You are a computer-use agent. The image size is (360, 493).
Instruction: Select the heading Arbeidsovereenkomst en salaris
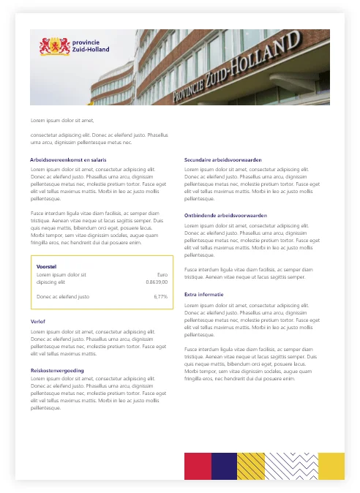[68, 159]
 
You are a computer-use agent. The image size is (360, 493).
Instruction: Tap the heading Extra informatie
[204, 294]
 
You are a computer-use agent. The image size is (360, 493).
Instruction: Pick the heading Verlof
[38, 321]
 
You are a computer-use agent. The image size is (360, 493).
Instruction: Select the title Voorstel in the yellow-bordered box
[47, 266]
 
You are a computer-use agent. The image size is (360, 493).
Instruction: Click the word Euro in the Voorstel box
[162, 274]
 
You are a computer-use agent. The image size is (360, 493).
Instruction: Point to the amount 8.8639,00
[157, 281]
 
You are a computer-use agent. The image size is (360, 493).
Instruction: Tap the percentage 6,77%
[160, 297]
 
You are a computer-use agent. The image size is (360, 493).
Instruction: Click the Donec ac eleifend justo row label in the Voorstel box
[63, 297]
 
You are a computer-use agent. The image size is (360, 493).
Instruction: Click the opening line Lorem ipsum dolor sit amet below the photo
[63, 119]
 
